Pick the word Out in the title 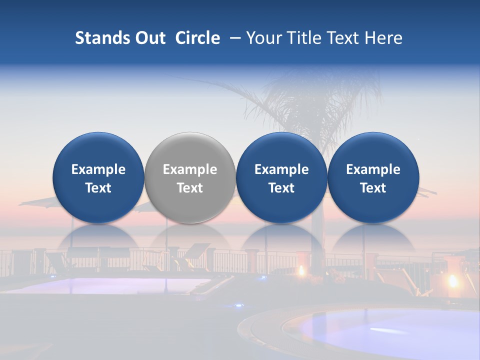[148, 38]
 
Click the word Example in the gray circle [190, 169]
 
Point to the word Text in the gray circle [190, 188]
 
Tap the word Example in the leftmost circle [98, 169]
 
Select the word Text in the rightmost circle [373, 188]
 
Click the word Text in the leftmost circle [98, 188]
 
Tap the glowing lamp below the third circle [301, 270]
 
